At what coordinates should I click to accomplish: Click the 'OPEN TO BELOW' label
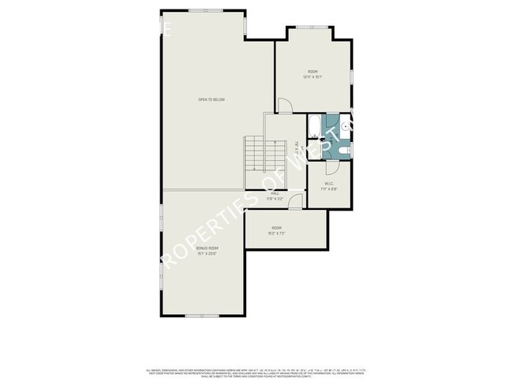(x=212, y=99)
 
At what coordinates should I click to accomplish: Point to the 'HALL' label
(x=275, y=192)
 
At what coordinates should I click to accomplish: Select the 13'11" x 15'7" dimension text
(x=312, y=77)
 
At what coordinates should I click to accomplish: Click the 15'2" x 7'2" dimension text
(x=277, y=234)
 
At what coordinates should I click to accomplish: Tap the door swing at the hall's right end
(x=294, y=202)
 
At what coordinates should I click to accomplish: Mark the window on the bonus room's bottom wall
(x=202, y=315)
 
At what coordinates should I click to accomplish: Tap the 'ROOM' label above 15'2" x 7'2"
(x=277, y=228)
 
